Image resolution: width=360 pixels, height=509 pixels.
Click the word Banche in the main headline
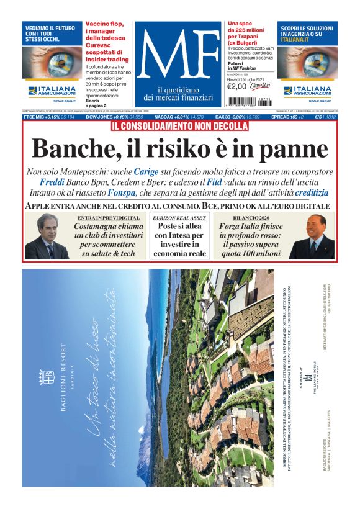[x=68, y=149]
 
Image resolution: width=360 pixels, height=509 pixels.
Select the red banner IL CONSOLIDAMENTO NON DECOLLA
[x=180, y=127]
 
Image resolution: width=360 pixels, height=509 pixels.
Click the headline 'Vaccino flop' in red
[x=104, y=27]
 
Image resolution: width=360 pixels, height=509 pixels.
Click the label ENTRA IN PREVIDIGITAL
[x=108, y=218]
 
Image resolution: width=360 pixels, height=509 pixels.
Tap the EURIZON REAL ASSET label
[x=180, y=218]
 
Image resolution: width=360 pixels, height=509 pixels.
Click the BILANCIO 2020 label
[x=251, y=218]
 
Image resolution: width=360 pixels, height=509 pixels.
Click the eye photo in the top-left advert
[x=53, y=62]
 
